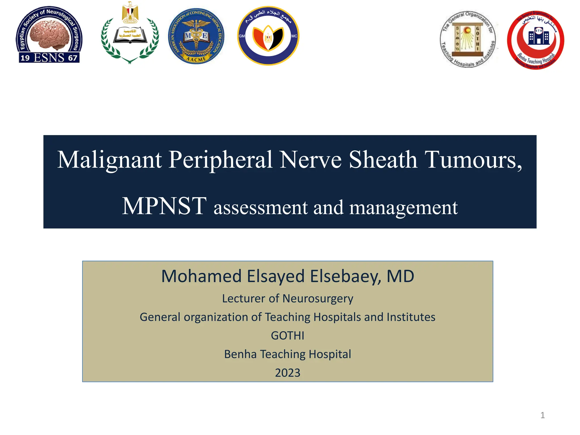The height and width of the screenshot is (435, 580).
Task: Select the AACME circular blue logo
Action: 196,36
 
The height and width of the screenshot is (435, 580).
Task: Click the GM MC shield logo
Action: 268,36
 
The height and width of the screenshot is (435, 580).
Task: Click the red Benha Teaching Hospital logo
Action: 536,40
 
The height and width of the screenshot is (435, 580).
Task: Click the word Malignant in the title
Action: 110,160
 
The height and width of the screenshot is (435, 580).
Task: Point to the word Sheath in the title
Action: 383,160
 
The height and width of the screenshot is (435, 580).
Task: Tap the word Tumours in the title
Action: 472,160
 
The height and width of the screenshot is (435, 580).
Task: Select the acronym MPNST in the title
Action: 164,206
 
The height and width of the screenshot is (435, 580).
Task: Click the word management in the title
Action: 404,208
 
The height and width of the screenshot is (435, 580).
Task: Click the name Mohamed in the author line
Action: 201,276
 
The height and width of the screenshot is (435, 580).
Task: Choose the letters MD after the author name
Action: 400,276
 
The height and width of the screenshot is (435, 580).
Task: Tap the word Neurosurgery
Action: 318,298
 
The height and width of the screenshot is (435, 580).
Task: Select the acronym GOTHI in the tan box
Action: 287,336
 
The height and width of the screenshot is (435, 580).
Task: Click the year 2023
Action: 287,373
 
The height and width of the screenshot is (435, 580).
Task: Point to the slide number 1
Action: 542,415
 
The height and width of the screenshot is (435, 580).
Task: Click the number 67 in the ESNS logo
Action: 72,58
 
